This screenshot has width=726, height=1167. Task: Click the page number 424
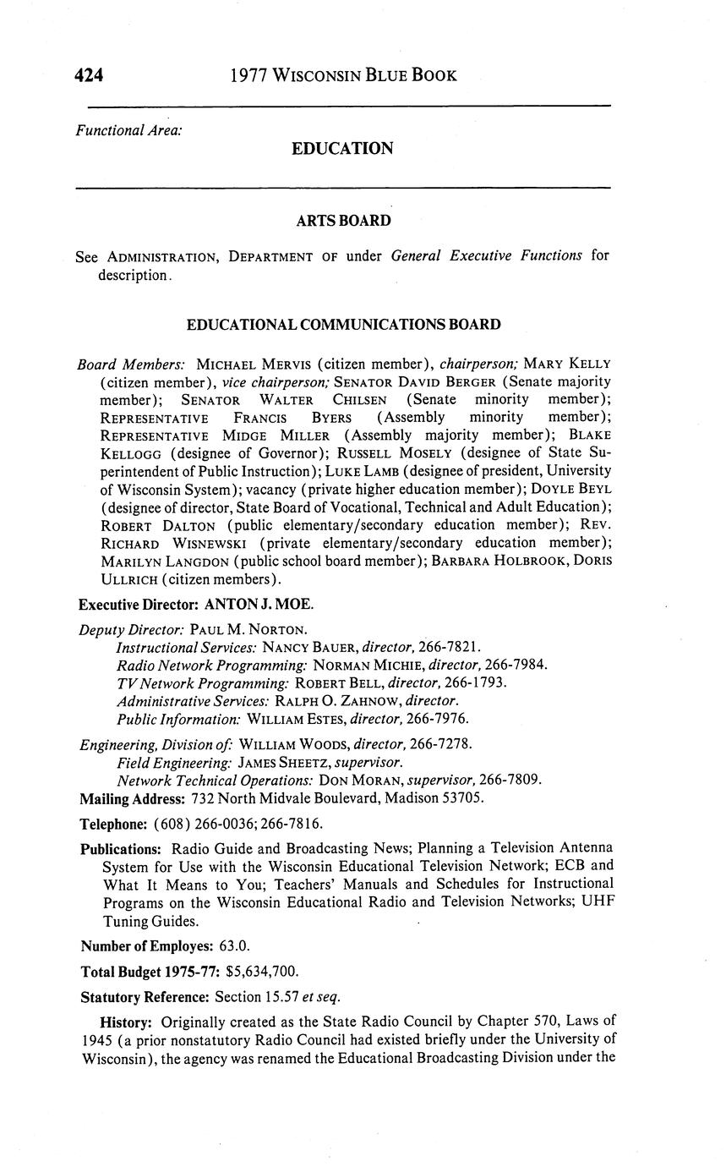(89, 75)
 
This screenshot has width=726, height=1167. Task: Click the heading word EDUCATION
(342, 149)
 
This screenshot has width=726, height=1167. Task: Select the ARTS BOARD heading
(343, 221)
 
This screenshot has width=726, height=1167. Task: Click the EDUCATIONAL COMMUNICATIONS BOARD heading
(343, 325)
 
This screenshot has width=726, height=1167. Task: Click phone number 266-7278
(439, 744)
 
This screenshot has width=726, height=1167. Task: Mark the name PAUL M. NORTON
(248, 629)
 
